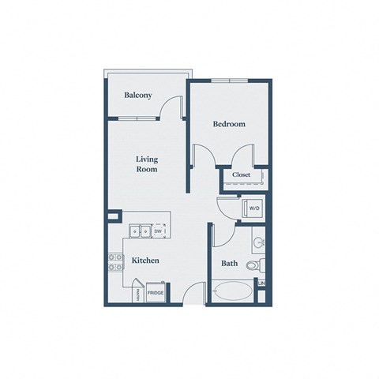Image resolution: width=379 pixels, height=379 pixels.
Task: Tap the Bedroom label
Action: pyautogui.click(x=230, y=124)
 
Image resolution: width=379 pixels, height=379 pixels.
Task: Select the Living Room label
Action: pyautogui.click(x=147, y=163)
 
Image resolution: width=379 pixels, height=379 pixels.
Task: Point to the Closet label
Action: pyautogui.click(x=242, y=174)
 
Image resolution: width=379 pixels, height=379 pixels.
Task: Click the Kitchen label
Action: pyautogui.click(x=146, y=260)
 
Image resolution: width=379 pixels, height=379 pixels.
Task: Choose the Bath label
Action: pyautogui.click(x=230, y=263)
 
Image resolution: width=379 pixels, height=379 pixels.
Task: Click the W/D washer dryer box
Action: pyautogui.click(x=255, y=208)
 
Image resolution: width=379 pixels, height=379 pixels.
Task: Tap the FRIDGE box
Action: pyautogui.click(x=156, y=294)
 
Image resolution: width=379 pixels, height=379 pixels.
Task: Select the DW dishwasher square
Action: pyautogui.click(x=159, y=231)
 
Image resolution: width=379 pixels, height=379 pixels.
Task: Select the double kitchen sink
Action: pyautogui.click(x=141, y=231)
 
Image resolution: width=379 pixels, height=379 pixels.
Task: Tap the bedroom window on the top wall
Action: pyautogui.click(x=230, y=81)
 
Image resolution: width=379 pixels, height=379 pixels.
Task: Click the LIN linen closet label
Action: pyautogui.click(x=261, y=283)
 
